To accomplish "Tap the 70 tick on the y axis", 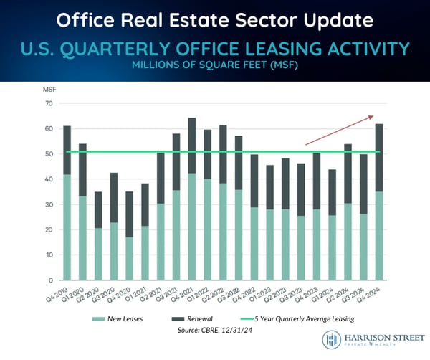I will (49, 104).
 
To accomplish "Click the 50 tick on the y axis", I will (49, 154).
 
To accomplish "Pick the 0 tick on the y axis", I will (52, 280).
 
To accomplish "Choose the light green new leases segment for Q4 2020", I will (130, 258).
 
